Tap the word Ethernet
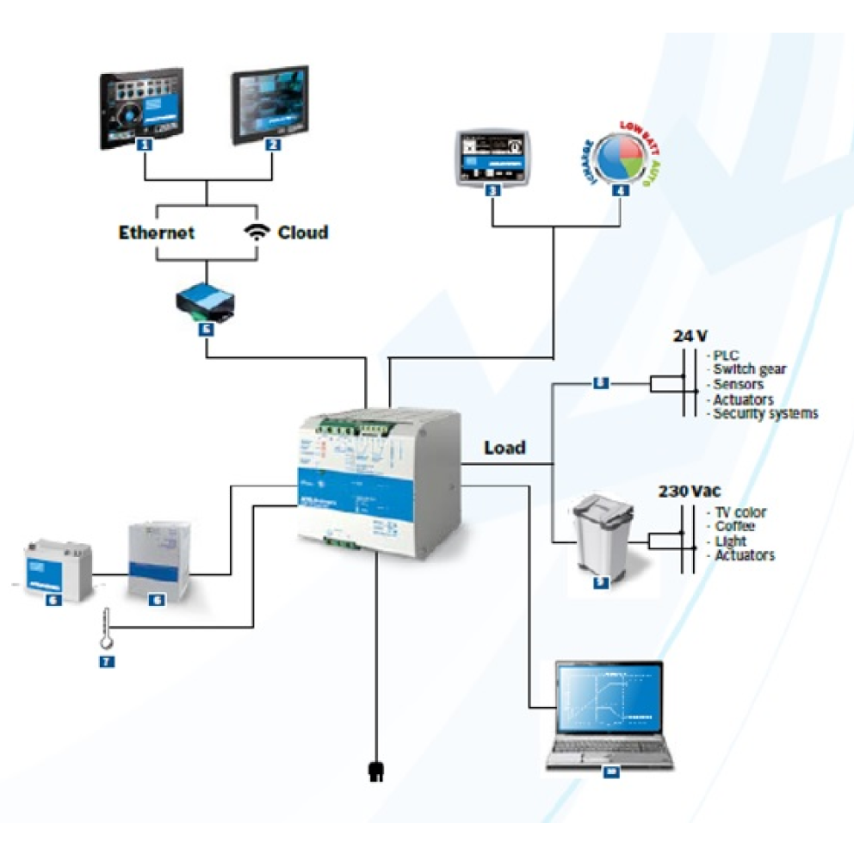[x=157, y=232]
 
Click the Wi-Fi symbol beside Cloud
[x=256, y=232]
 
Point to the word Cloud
[x=303, y=232]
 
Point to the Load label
[x=504, y=448]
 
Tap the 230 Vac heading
[x=688, y=492]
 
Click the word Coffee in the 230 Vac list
[x=734, y=526]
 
